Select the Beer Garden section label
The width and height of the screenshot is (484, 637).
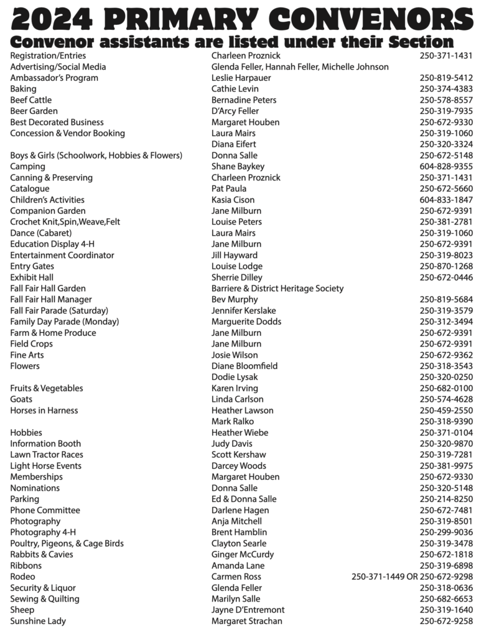(34, 111)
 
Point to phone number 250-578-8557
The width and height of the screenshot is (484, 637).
(446, 100)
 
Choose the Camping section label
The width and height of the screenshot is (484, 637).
(27, 167)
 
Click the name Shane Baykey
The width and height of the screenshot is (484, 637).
(238, 167)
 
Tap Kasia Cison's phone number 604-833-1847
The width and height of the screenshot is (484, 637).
(446, 200)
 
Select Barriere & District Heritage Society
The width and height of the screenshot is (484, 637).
(277, 289)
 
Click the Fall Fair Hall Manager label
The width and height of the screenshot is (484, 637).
(51, 300)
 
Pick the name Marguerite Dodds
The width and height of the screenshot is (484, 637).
(246, 322)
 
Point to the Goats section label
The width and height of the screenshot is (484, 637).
(21, 399)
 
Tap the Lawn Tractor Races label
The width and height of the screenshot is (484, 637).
(47, 455)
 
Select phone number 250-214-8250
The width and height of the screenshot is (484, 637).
(446, 499)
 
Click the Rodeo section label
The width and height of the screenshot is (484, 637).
(22, 577)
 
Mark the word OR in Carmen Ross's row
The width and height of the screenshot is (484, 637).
(411, 577)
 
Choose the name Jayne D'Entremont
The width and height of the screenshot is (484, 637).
(248, 610)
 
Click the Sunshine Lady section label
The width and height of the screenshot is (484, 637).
(38, 621)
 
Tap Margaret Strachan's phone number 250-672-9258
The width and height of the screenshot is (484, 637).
(446, 621)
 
